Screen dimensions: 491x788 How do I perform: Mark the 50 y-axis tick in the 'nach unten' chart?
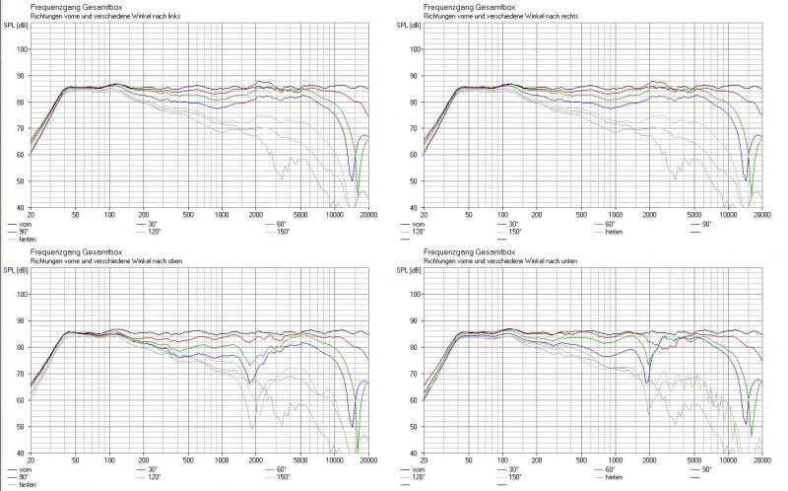tap(415, 427)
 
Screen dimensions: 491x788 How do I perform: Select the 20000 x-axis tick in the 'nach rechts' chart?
tap(754, 214)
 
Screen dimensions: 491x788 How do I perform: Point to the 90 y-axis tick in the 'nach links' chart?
tap(21, 76)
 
